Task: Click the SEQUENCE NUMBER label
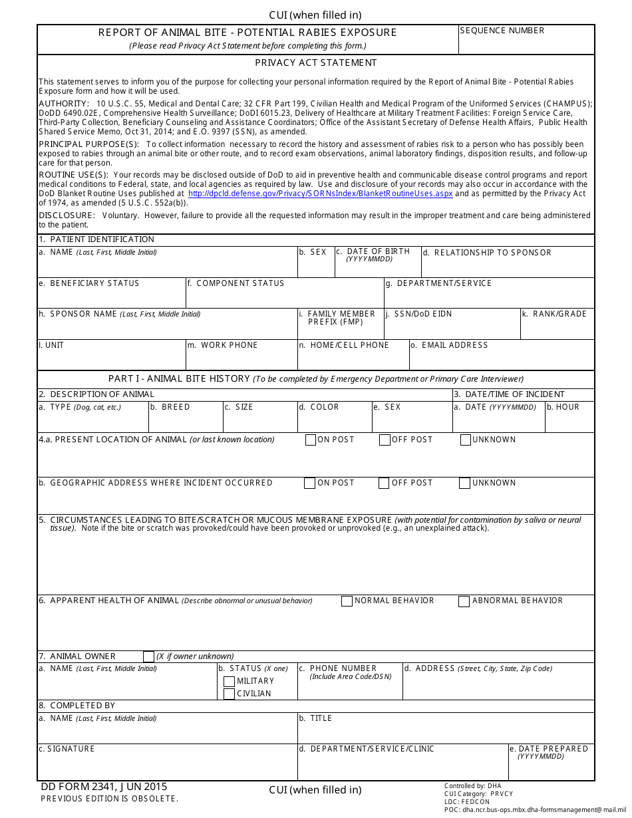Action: [502, 31]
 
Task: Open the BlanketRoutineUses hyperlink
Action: [320, 194]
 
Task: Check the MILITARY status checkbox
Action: [229, 681]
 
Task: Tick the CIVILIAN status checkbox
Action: [229, 694]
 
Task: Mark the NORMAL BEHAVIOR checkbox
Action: [347, 601]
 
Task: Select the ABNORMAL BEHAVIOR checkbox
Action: [464, 601]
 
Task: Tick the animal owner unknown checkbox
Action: [148, 656]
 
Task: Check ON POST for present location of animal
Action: [311, 440]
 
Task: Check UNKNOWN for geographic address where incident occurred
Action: [464, 483]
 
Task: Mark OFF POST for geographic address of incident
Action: [384, 483]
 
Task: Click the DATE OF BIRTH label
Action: [378, 251]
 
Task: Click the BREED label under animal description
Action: [175, 407]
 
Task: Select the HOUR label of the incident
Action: [567, 407]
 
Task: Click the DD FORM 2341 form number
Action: [104, 787]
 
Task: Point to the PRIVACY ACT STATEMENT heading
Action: [316, 63]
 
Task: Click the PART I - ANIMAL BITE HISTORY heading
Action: [179, 378]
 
